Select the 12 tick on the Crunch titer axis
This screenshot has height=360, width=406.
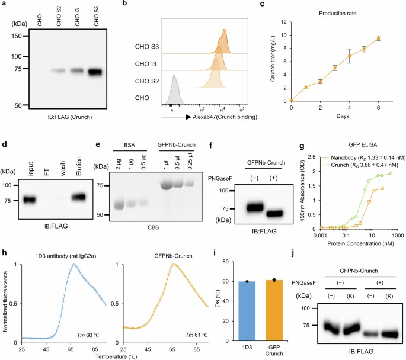point(283,22)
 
